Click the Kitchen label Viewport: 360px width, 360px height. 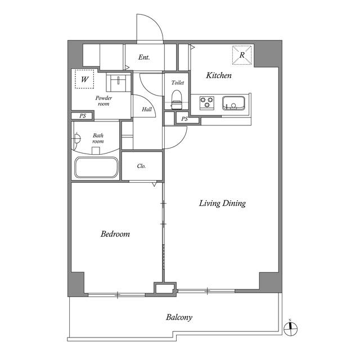(219, 75)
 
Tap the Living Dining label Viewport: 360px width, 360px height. (222, 204)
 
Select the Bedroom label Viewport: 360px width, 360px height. (115, 234)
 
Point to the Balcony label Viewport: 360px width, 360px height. (179, 317)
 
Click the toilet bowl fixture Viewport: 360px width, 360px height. (177, 100)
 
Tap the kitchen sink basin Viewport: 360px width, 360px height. (233, 103)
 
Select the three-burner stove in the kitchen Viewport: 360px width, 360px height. (207, 102)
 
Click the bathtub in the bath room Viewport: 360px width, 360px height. (96, 168)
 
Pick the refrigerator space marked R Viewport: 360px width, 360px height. (242, 55)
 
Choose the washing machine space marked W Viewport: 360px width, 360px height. (84, 79)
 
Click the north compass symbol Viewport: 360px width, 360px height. (290, 328)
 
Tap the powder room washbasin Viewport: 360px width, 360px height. (118, 82)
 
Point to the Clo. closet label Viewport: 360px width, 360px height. (141, 166)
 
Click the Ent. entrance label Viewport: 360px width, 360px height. (144, 57)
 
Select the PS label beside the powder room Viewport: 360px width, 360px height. (83, 116)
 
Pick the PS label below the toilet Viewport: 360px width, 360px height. (184, 119)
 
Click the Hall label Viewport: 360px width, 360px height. (147, 109)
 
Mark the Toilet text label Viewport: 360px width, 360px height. (178, 83)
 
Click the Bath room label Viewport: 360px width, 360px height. (98, 138)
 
